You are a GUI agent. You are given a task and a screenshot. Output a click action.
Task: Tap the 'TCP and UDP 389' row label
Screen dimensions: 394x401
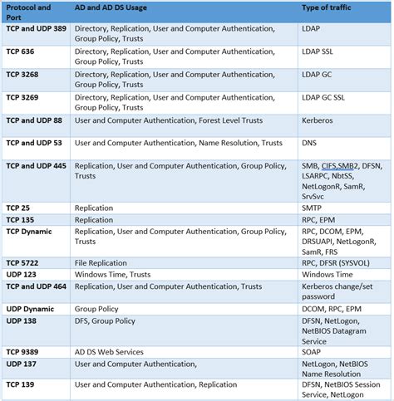click(x=36, y=28)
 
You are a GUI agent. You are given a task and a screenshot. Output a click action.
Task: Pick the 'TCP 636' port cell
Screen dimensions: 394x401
click(x=23, y=51)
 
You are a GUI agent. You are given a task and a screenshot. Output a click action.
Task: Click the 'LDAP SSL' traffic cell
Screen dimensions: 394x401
click(x=320, y=51)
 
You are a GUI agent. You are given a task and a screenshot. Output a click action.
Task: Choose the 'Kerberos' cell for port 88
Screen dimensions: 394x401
click(x=318, y=120)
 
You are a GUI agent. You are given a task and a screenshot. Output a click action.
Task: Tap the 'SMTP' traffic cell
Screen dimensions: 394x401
click(x=313, y=208)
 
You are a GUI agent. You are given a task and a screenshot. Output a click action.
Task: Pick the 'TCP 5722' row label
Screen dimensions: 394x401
click(x=25, y=262)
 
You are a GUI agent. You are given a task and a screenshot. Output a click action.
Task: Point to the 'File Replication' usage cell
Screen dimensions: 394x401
click(x=101, y=262)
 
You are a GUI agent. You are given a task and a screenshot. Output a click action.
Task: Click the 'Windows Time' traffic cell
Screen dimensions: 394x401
click(x=327, y=274)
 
